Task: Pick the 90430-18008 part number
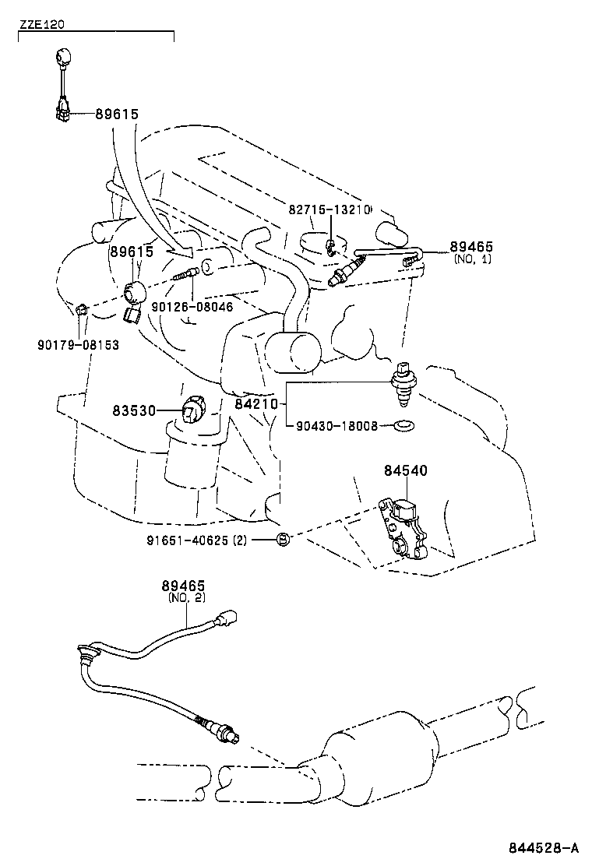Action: click(x=335, y=426)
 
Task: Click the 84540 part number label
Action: click(x=405, y=470)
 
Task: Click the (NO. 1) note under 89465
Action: click(x=471, y=259)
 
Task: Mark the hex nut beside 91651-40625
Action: click(x=284, y=539)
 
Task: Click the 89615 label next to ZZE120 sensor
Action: click(x=117, y=114)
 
